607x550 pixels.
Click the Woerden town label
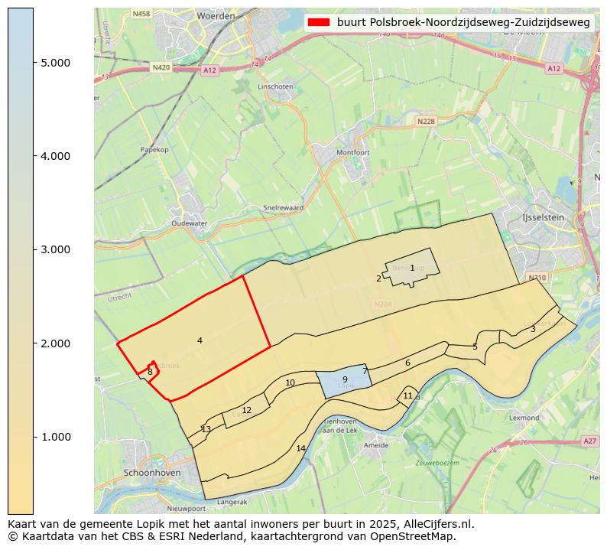click(x=216, y=15)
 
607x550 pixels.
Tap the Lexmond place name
click(x=524, y=418)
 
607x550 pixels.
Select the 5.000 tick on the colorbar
click(x=55, y=63)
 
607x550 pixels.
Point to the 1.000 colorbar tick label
click(x=55, y=437)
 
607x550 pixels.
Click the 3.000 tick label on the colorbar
click(x=55, y=249)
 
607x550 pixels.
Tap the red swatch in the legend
click(x=319, y=22)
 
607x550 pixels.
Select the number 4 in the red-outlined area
click(x=200, y=340)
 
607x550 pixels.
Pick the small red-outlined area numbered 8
click(x=150, y=372)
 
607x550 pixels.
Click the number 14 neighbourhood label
click(x=300, y=448)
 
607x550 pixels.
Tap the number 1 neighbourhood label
click(x=412, y=268)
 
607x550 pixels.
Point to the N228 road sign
click(x=425, y=121)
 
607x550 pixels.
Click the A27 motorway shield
click(x=589, y=441)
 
